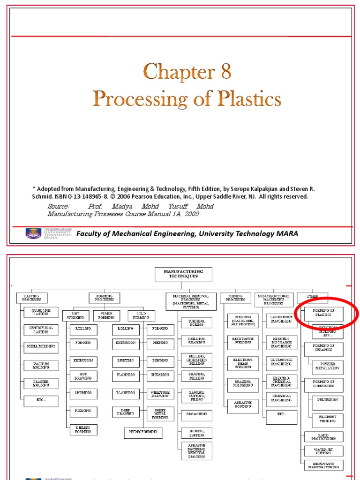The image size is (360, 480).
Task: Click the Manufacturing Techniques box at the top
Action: pyautogui.click(x=183, y=274)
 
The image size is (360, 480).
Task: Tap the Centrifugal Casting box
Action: pyautogui.click(x=41, y=330)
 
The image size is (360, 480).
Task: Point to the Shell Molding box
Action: pyautogui.click(x=41, y=347)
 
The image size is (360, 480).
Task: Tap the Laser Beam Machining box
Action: pyautogui.click(x=281, y=320)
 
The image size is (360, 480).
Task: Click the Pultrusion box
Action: pyautogui.click(x=328, y=401)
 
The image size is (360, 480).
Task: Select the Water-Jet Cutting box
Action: pyautogui.click(x=323, y=451)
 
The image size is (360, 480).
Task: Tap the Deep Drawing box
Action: pyautogui.click(x=126, y=412)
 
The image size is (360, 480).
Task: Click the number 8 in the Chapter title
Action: pyautogui.click(x=223, y=73)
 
